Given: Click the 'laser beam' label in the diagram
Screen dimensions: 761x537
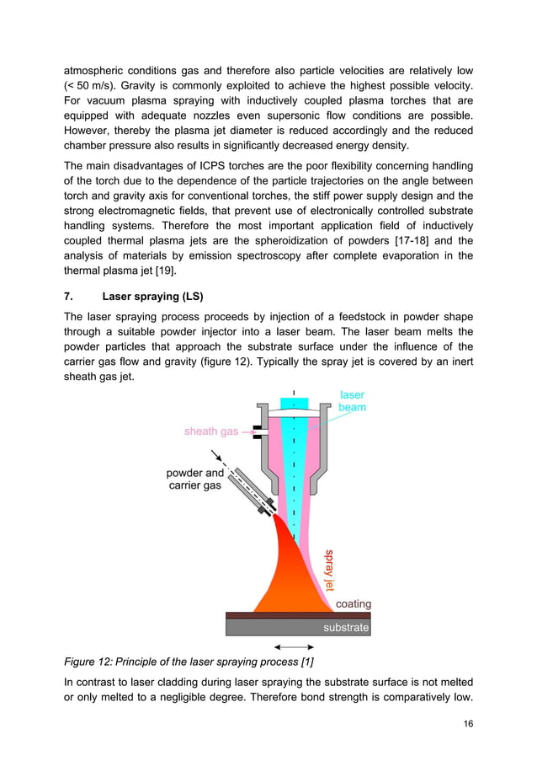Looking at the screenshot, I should (x=352, y=400).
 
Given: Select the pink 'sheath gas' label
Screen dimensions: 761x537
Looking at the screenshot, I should (x=211, y=431).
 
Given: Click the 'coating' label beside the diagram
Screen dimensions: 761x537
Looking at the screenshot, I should (x=353, y=604).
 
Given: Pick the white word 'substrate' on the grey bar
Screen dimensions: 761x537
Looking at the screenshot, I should (x=346, y=628).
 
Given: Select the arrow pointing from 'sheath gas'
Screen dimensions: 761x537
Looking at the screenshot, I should (x=249, y=431).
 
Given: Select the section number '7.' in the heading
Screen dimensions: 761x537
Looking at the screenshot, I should (x=69, y=296).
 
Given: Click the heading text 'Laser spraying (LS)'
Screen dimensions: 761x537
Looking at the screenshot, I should (x=156, y=296).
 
